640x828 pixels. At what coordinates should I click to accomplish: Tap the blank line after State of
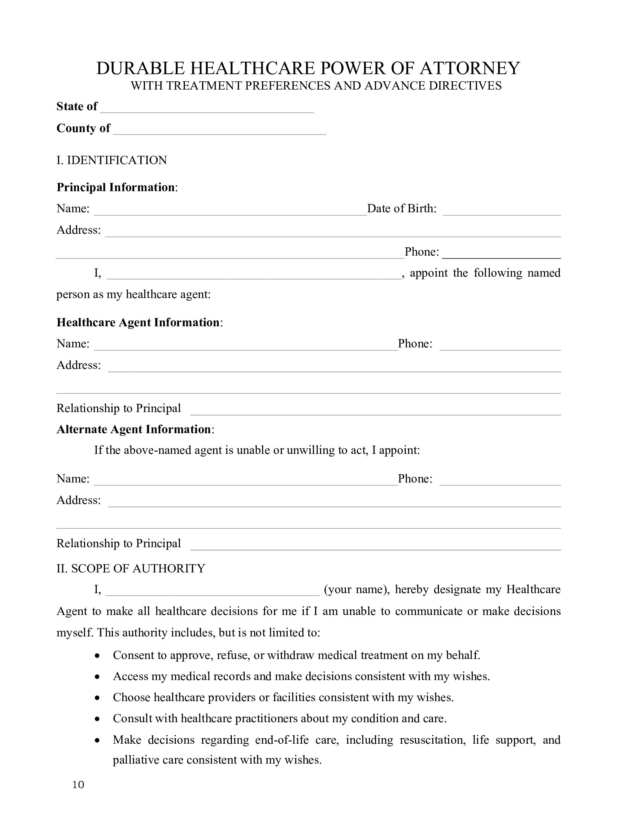[x=207, y=108]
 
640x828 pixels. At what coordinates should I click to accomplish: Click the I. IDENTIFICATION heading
[x=111, y=160]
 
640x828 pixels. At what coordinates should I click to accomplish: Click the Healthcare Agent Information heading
[x=138, y=322]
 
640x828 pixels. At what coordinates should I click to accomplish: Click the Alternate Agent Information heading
[x=134, y=429]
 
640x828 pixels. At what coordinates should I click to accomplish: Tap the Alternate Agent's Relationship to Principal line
[x=375, y=545]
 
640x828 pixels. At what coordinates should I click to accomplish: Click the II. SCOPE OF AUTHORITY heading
[x=131, y=568]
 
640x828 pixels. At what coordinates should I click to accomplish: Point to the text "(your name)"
[x=356, y=589]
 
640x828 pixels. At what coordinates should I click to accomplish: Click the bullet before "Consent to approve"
[x=98, y=656]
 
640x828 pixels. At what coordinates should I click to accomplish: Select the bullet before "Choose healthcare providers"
[x=98, y=697]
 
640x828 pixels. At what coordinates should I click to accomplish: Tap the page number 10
[x=78, y=785]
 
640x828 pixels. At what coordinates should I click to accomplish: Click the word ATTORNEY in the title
[x=469, y=68]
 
